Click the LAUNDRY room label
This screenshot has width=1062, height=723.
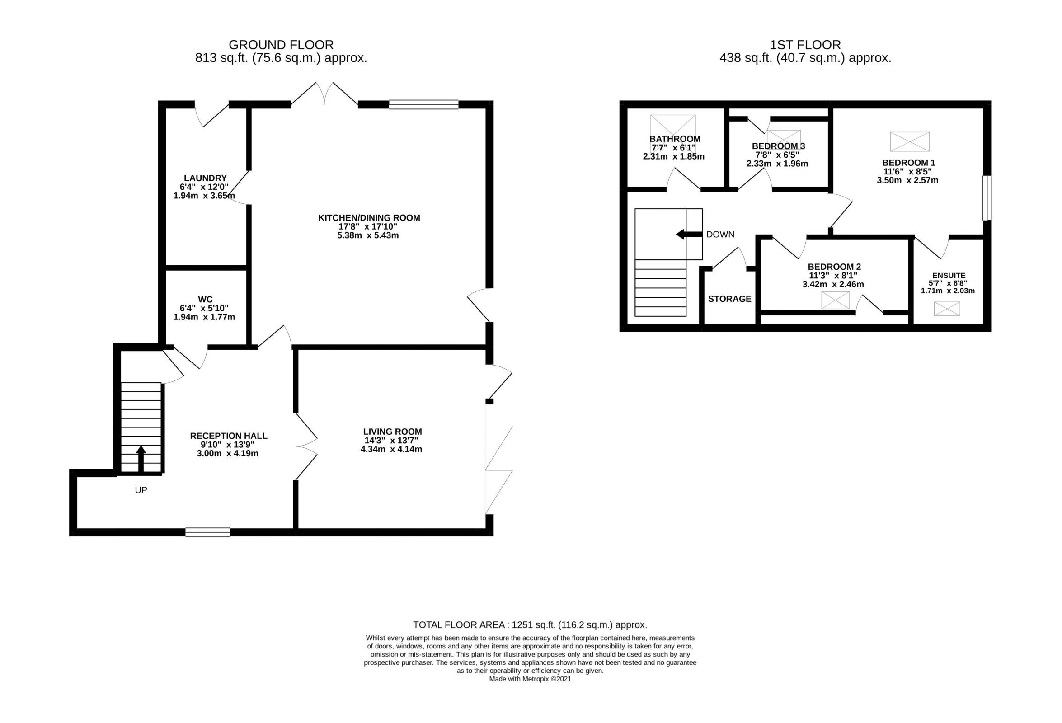(205, 178)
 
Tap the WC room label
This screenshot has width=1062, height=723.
(205, 299)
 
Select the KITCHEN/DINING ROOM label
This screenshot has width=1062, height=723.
(369, 218)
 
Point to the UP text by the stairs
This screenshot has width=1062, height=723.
(141, 490)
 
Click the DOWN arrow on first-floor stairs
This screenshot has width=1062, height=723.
(689, 235)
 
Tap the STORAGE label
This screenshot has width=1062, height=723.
(729, 299)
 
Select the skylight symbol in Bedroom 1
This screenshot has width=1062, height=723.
(909, 141)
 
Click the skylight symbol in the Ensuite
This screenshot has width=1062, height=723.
(947, 309)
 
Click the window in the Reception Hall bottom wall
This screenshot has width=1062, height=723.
(207, 532)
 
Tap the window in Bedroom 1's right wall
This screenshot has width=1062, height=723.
(987, 198)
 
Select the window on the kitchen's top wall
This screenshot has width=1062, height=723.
(423, 104)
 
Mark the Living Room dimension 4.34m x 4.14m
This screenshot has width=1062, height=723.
(391, 449)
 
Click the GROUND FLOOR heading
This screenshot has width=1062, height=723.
(281, 45)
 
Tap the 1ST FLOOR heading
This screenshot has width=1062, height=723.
(805, 45)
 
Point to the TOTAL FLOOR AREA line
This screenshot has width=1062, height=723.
(530, 625)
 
